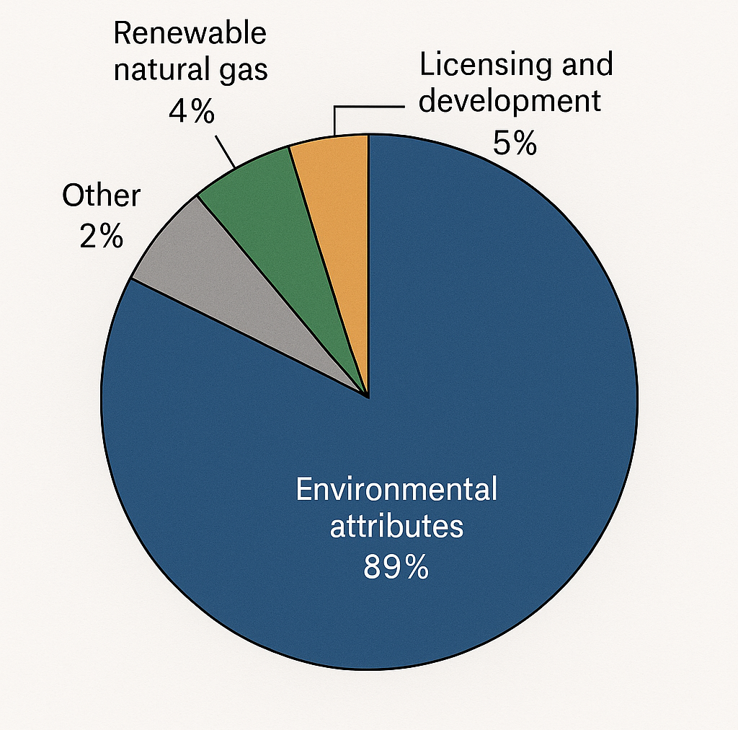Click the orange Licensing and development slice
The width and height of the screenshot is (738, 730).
point(339,216)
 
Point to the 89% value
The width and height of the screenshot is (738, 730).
point(396,568)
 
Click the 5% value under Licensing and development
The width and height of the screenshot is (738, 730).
point(515,143)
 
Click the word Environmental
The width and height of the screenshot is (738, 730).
point(396,490)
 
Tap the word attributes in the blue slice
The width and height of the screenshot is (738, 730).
point(396,527)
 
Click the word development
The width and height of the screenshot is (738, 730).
point(510,101)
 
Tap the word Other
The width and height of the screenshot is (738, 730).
point(101,196)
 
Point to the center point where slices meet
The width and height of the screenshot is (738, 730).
point(368,396)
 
